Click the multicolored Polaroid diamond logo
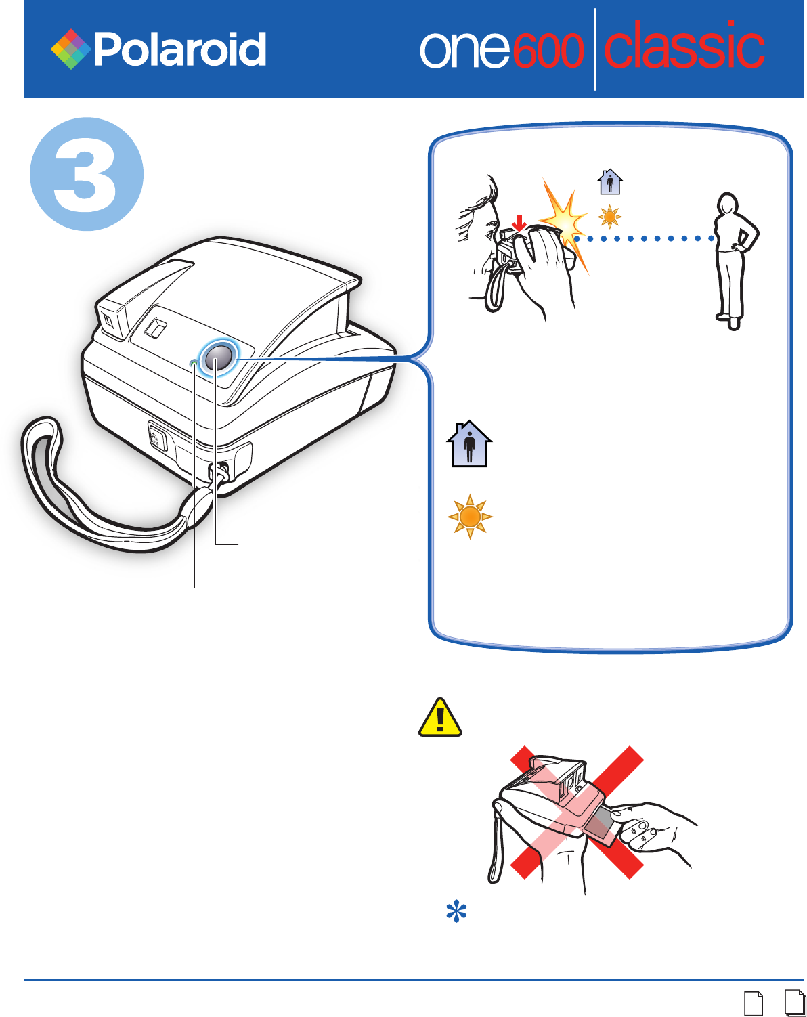click(71, 49)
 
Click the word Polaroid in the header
click(180, 50)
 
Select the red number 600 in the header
click(548, 51)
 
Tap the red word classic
click(684, 47)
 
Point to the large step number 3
click(87, 174)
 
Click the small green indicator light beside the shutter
click(194, 364)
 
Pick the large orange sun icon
click(470, 517)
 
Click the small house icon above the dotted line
click(610, 181)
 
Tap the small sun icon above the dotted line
click(610, 217)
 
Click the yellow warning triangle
click(440, 718)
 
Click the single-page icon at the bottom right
click(753, 1003)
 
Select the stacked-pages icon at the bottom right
click(795, 1003)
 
